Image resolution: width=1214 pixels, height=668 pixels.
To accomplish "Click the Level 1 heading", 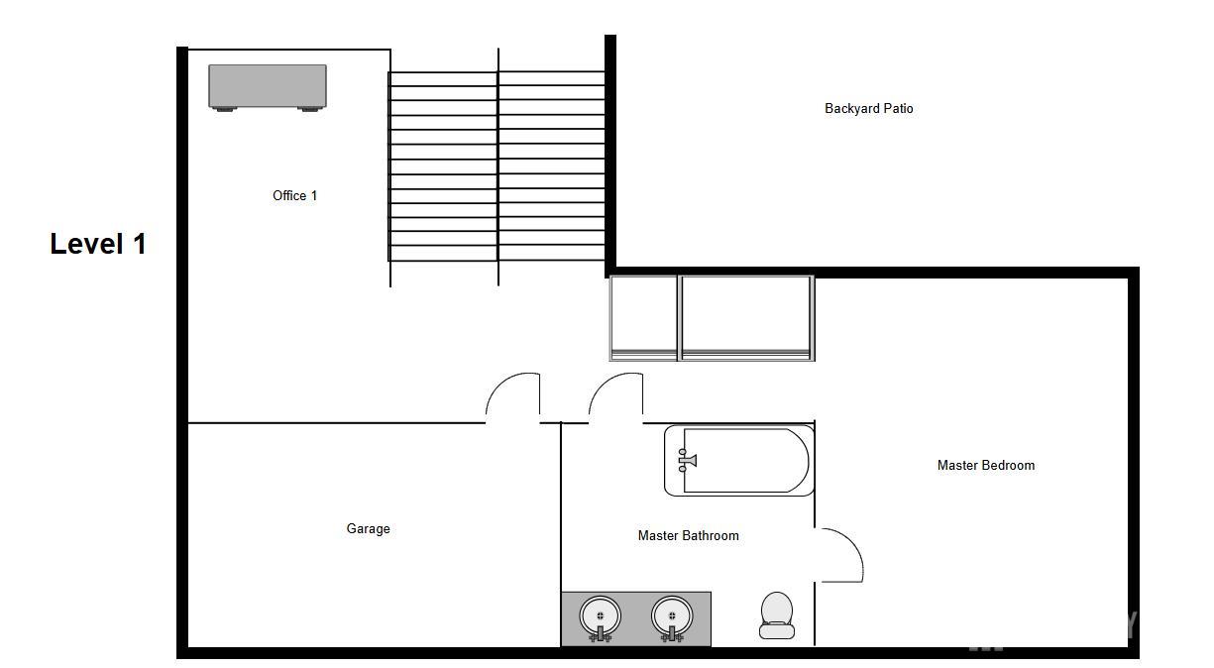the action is (x=98, y=244).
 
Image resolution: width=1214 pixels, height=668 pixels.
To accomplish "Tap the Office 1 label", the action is (x=295, y=195).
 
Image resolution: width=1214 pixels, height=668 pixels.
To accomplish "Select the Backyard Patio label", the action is (x=869, y=108).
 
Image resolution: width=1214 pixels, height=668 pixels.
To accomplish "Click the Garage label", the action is (x=368, y=528).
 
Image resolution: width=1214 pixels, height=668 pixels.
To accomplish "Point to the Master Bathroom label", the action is (x=689, y=536).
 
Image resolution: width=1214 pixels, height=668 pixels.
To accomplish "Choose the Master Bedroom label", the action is (x=986, y=465).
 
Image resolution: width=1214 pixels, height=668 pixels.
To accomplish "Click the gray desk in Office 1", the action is (x=268, y=87).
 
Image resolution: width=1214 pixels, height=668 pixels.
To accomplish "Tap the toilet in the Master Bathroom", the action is (x=777, y=615).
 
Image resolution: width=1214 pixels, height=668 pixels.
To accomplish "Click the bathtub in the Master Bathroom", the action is (x=739, y=460).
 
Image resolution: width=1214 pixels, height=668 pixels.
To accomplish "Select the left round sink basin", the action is (x=600, y=615).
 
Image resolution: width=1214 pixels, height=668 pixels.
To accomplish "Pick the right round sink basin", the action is (x=672, y=615).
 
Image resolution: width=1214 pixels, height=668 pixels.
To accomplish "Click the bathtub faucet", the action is (x=687, y=460).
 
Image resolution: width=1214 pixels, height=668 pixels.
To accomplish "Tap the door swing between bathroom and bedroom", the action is (x=851, y=542).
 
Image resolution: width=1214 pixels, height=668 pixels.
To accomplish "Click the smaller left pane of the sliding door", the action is (x=643, y=318).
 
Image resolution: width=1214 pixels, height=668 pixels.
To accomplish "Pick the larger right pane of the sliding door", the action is (x=746, y=318).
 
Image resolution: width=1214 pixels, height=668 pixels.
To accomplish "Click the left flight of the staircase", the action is (x=443, y=167).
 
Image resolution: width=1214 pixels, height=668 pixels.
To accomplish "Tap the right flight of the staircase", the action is (x=552, y=167).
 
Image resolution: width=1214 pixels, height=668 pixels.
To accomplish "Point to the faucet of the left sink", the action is (x=600, y=634).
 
